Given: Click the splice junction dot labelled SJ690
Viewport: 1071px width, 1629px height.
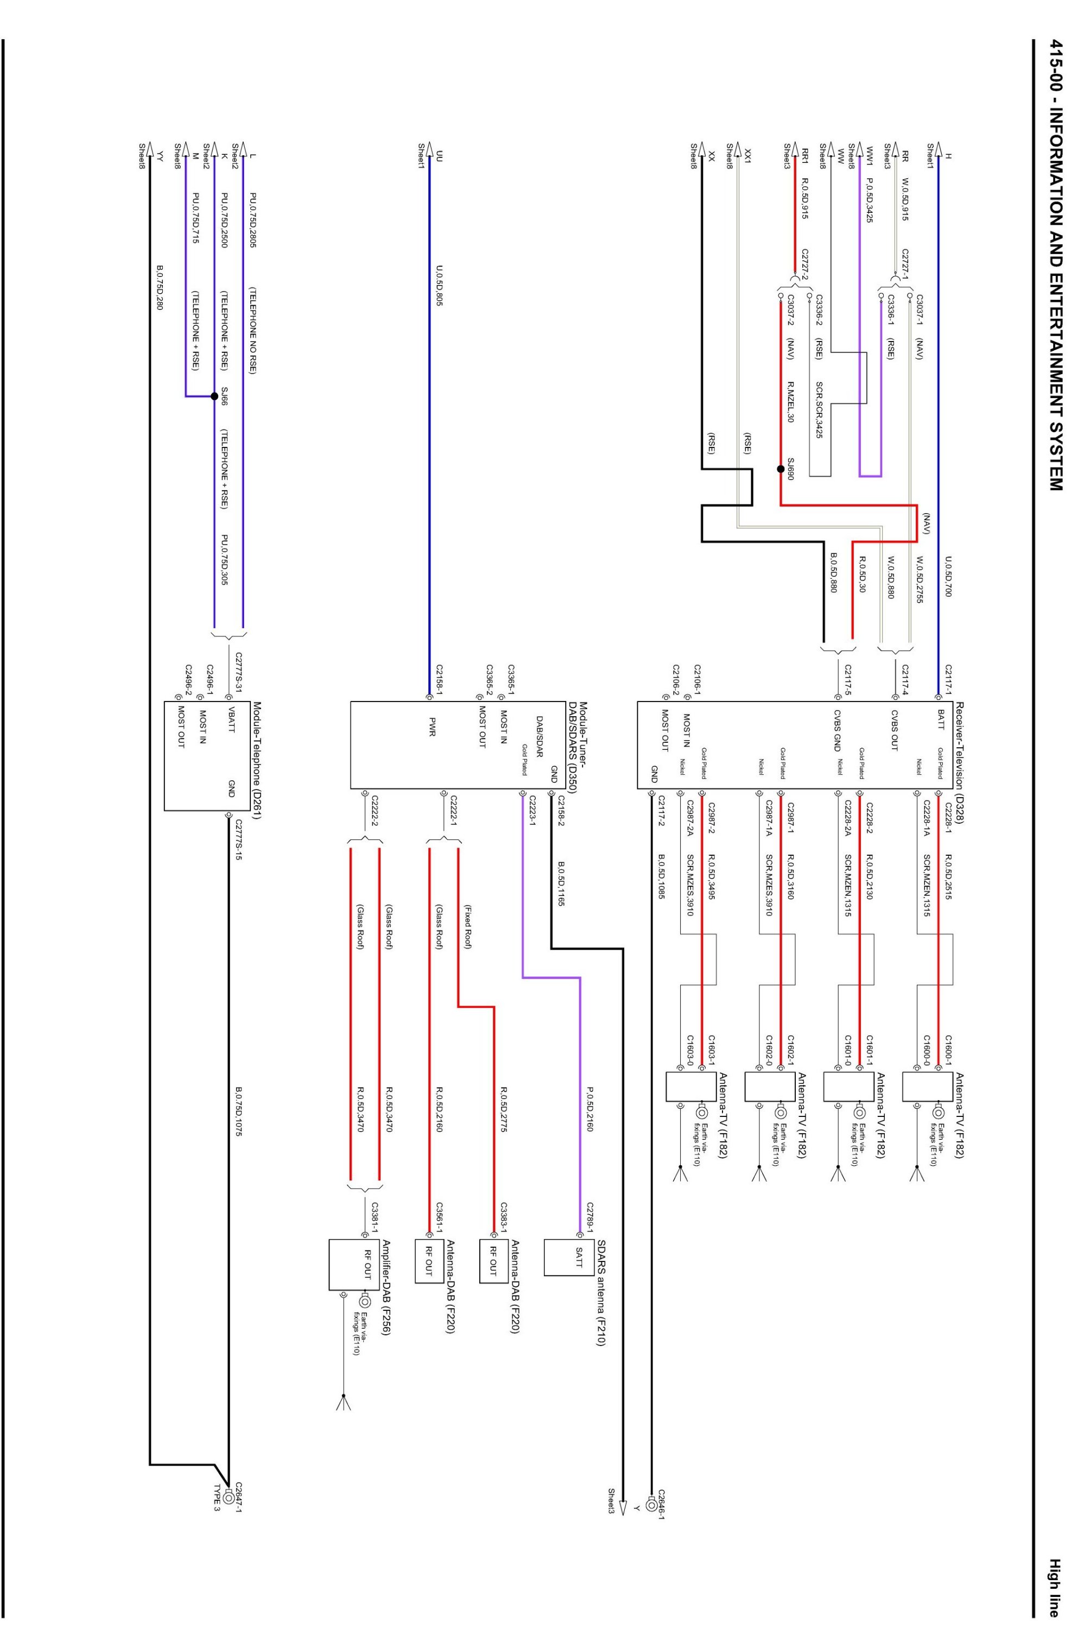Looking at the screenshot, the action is coord(780,470).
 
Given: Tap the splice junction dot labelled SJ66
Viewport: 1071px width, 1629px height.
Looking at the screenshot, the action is coord(214,396).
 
